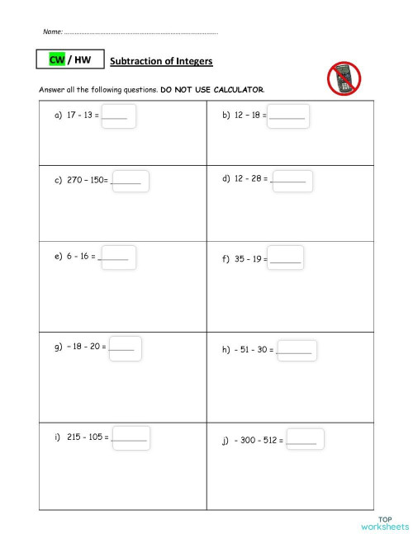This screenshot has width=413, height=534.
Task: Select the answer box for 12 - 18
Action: [288, 116]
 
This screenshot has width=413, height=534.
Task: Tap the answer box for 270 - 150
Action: [130, 180]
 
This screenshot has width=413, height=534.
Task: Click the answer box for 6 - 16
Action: [117, 257]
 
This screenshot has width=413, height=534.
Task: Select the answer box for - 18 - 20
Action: [125, 347]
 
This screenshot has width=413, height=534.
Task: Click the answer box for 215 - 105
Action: [131, 437]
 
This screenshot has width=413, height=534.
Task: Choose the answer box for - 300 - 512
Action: [305, 440]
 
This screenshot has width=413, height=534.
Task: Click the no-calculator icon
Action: [344, 79]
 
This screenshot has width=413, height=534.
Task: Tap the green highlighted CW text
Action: [57, 60]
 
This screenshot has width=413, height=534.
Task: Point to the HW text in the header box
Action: [83, 60]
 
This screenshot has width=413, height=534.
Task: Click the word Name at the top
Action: [52, 31]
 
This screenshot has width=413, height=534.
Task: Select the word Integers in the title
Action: [195, 61]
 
